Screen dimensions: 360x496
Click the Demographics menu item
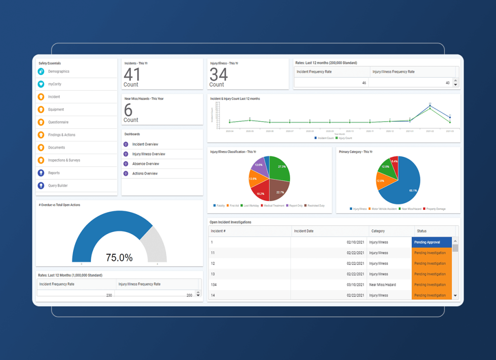coord(59,72)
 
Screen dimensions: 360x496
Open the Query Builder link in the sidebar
coord(58,186)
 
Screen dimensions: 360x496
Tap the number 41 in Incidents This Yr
coord(132,75)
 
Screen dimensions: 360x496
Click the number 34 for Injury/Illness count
coord(218,75)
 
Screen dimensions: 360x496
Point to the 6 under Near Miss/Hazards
coord(128,110)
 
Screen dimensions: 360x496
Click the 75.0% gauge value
coord(119,258)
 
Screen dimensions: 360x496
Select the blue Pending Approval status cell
coord(432,242)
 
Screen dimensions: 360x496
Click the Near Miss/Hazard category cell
coord(382,285)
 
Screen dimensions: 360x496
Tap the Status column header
coord(421,231)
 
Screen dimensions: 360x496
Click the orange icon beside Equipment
coord(41,110)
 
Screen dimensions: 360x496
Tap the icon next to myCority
coord(41,84)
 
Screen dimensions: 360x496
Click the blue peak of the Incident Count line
coord(430,105)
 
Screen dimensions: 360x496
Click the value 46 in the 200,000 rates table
coord(364,83)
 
